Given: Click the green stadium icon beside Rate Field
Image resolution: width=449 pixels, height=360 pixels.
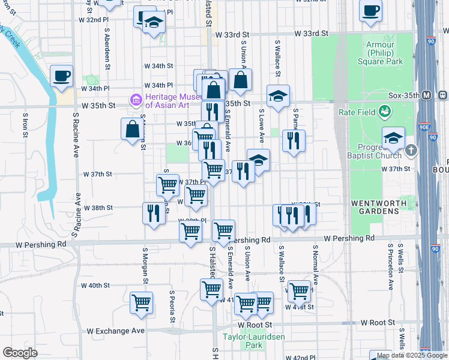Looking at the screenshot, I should [x=384, y=112].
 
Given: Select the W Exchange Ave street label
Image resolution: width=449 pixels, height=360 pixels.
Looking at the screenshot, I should [x=116, y=331].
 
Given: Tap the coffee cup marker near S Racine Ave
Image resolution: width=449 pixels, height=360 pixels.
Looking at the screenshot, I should [x=62, y=76].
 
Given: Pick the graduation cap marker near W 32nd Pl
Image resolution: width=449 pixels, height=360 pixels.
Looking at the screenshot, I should [x=154, y=23].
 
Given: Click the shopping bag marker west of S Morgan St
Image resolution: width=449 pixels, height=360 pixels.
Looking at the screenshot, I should [x=132, y=128].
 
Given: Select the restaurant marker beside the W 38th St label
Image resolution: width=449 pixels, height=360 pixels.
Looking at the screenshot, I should [x=154, y=212].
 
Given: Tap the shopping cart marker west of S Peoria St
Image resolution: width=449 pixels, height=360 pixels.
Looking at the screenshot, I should [x=142, y=302].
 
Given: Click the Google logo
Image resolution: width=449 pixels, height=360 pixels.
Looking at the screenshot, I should [x=20, y=353].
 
